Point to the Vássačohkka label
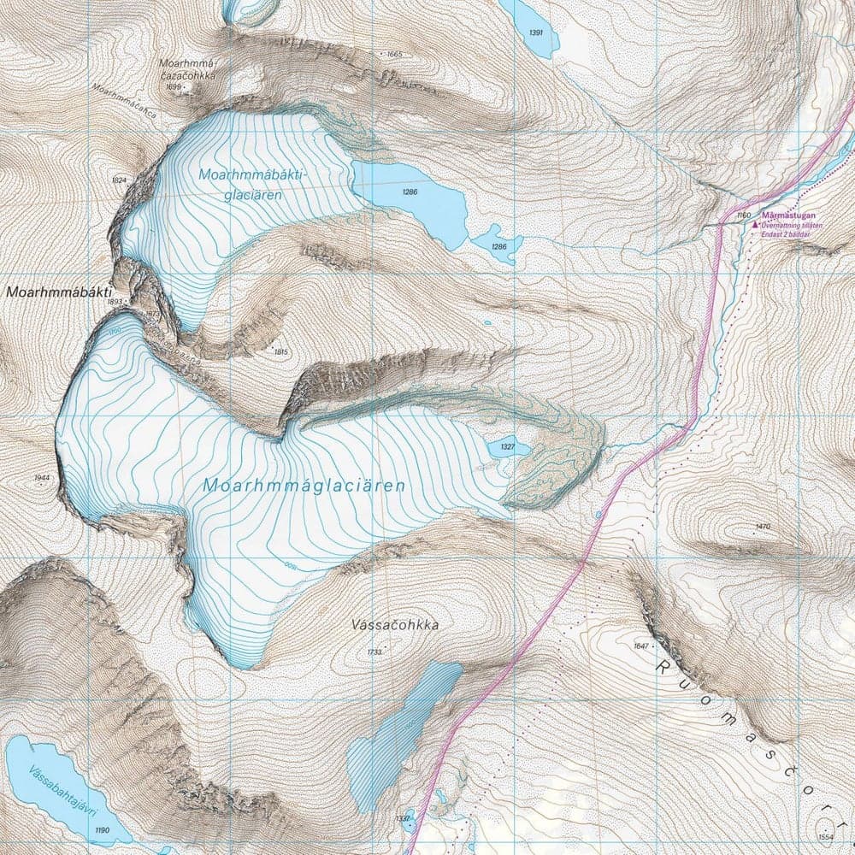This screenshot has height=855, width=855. coord(395,625)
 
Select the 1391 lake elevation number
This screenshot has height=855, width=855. coord(536,32)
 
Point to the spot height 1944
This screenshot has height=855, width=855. coord(42,478)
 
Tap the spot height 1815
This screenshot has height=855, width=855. coord(280,351)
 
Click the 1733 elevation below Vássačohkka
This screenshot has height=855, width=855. coord(374,652)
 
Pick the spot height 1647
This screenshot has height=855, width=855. coord(641,645)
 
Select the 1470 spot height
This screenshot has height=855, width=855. coord(764,526)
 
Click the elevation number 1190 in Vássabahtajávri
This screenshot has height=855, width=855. coord(103,830)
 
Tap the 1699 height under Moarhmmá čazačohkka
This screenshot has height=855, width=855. coord(173,87)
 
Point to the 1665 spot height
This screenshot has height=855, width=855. coord(394,54)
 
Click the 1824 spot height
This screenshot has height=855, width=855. coord(119,180)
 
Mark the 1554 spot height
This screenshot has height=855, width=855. coord(825,836)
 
